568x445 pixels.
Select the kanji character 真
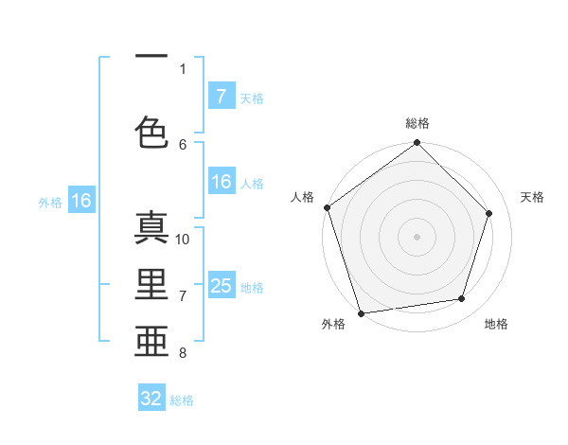tap(151, 230)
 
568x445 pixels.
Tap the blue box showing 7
tap(221, 97)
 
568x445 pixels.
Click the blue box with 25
tap(222, 286)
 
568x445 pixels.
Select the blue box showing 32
tap(151, 399)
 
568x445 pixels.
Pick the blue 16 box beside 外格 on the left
tap(80, 201)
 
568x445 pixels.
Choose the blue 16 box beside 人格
tap(222, 183)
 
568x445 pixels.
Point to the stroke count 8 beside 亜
tap(183, 353)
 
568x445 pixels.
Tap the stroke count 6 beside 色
tap(183, 144)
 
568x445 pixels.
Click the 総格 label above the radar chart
tap(417, 123)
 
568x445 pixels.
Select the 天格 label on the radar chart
tap(533, 197)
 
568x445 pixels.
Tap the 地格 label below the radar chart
tap(496, 325)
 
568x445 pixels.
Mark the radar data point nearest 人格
tap(328, 207)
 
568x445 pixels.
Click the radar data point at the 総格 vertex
tap(417, 143)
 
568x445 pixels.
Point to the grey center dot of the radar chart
tap(417, 236)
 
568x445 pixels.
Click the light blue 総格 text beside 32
tap(183, 400)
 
